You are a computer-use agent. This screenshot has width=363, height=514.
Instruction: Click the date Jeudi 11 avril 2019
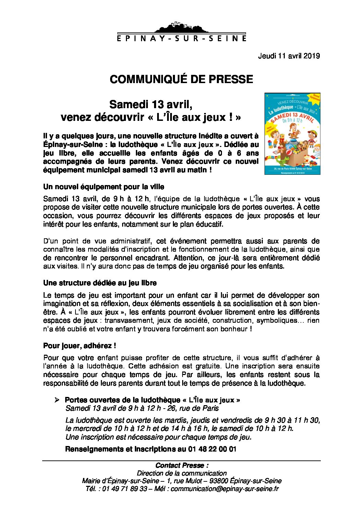pos(289,56)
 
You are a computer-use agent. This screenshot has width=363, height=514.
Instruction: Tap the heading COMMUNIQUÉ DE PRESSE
pos(181,79)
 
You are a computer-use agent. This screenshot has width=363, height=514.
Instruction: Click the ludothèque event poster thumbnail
pos(292,134)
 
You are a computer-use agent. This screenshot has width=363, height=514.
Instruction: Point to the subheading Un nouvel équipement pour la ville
pos(104,187)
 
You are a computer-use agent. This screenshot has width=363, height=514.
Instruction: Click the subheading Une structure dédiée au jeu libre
pos(100,283)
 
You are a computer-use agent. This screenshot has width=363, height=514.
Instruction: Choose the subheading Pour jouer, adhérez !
pos(80,346)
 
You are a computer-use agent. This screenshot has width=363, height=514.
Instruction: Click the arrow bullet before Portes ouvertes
pos(57,400)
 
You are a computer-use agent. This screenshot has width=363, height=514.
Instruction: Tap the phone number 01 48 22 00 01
pos(212,449)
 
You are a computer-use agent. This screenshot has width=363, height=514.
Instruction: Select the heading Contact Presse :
pos(182,466)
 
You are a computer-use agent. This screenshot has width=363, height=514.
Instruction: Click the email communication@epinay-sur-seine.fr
pos(225,489)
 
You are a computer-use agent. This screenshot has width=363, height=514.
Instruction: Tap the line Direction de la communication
pos(181,473)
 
